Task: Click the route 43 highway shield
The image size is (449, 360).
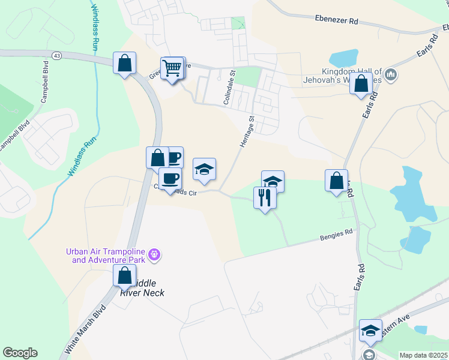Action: coord(57,55)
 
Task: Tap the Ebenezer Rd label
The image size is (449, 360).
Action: coord(336,20)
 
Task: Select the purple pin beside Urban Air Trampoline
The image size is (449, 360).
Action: coord(155,255)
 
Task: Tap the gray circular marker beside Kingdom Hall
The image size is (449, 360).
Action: coord(391,75)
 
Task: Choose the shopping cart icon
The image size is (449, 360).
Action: coord(172,67)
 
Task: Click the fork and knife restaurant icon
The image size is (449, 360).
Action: coord(265,196)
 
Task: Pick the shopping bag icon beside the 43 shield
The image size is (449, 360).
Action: coord(124,62)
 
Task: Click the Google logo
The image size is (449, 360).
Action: coord(20,353)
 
